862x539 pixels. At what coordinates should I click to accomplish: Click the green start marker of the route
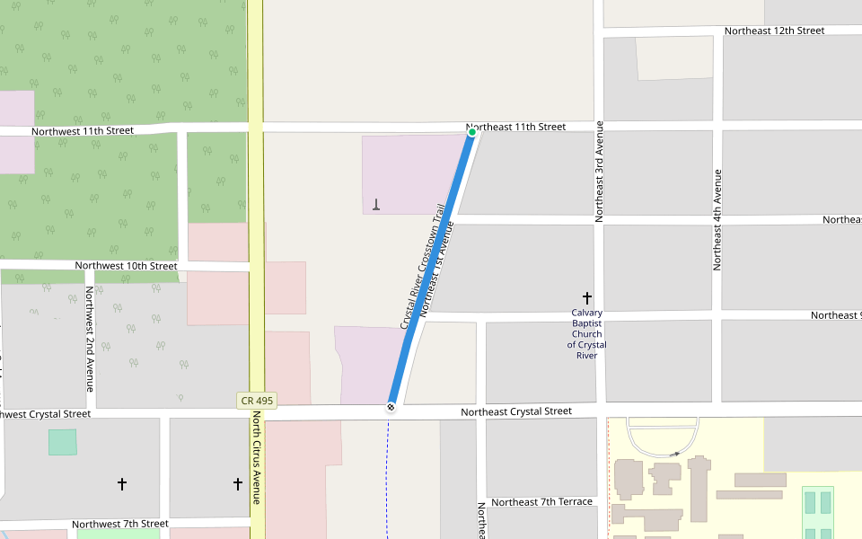click(471, 132)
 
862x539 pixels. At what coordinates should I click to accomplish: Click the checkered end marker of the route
click(391, 408)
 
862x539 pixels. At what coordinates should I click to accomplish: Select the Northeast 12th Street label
click(774, 31)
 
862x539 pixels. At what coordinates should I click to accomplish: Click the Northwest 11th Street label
click(83, 131)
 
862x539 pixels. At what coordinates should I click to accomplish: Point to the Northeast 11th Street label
click(516, 128)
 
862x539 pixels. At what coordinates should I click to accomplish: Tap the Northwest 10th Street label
click(126, 266)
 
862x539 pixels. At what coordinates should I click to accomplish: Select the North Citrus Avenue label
click(257, 457)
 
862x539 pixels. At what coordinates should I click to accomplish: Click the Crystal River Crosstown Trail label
click(422, 266)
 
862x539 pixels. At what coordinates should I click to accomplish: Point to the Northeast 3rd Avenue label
click(599, 172)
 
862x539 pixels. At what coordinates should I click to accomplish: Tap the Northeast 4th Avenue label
click(717, 219)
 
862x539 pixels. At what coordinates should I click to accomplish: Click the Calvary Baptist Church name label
click(586, 334)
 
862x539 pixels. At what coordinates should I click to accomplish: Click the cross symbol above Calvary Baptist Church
click(587, 297)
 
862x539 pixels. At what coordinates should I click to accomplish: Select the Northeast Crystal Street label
click(516, 411)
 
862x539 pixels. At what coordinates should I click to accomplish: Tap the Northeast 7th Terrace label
click(541, 502)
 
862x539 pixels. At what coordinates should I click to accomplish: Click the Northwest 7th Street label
click(120, 524)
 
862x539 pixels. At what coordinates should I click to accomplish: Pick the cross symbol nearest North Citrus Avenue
click(238, 484)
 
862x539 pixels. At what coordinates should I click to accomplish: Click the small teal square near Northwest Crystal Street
click(62, 442)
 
